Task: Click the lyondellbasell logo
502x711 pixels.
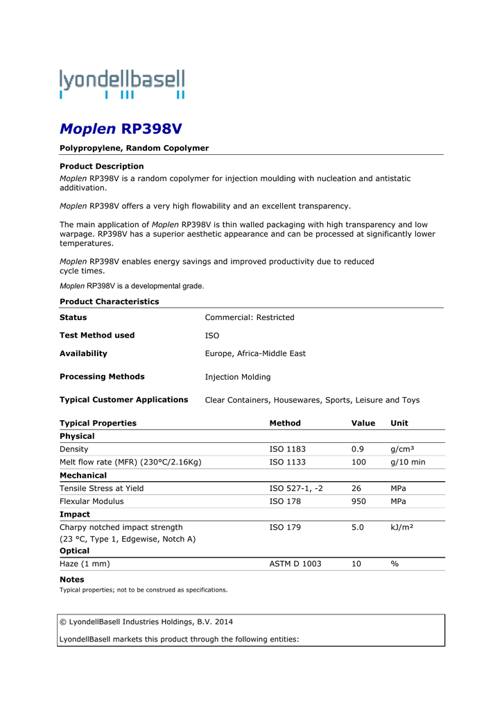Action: pyautogui.click(x=122, y=84)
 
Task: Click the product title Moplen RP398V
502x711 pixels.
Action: pyautogui.click(x=121, y=128)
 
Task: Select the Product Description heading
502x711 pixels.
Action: pyautogui.click(x=102, y=166)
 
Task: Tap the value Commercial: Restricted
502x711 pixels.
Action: pyautogui.click(x=250, y=317)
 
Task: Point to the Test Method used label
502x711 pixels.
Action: pyautogui.click(x=97, y=335)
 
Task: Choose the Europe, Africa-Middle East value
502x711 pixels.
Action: pyautogui.click(x=255, y=353)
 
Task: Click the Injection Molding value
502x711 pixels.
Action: pyautogui.click(x=238, y=377)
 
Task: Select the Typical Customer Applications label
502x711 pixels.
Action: pyautogui.click(x=124, y=400)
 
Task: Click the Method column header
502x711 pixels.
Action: pyautogui.click(x=285, y=423)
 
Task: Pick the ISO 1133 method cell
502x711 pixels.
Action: pyautogui.click(x=287, y=462)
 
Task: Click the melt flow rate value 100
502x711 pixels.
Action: pyautogui.click(x=359, y=462)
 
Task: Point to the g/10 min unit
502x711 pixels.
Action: pyautogui.click(x=408, y=462)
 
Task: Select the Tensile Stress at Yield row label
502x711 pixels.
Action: pyautogui.click(x=102, y=488)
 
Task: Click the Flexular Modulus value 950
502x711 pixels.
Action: pyautogui.click(x=359, y=501)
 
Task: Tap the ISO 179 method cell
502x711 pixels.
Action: pyautogui.click(x=285, y=527)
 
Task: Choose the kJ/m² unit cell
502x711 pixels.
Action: pyautogui.click(x=402, y=527)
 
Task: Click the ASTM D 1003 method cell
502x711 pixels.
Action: pyautogui.click(x=295, y=564)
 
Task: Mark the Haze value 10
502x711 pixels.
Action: pyautogui.click(x=356, y=564)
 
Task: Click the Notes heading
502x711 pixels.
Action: pyautogui.click(x=72, y=579)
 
